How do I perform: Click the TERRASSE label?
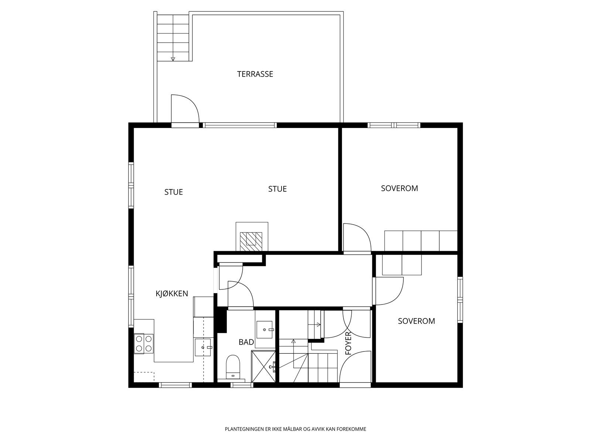click(255, 74)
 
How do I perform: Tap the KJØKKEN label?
click(172, 293)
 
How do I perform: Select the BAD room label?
click(246, 342)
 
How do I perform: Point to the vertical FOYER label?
click(348, 343)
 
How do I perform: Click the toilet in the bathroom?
click(233, 367)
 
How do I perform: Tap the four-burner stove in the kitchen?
click(144, 343)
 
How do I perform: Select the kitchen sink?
click(203, 347)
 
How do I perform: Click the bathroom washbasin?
click(264, 329)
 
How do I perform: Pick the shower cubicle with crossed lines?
click(263, 366)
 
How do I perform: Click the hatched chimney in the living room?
click(251, 242)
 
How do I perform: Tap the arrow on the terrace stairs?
click(173, 59)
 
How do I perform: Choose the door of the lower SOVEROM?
click(389, 291)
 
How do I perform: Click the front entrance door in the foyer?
click(355, 367)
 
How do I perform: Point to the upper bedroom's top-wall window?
click(394, 125)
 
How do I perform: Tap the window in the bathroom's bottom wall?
click(242, 385)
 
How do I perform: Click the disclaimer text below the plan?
click(295, 429)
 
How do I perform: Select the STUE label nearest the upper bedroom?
click(277, 189)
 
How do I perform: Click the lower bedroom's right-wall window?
click(460, 300)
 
